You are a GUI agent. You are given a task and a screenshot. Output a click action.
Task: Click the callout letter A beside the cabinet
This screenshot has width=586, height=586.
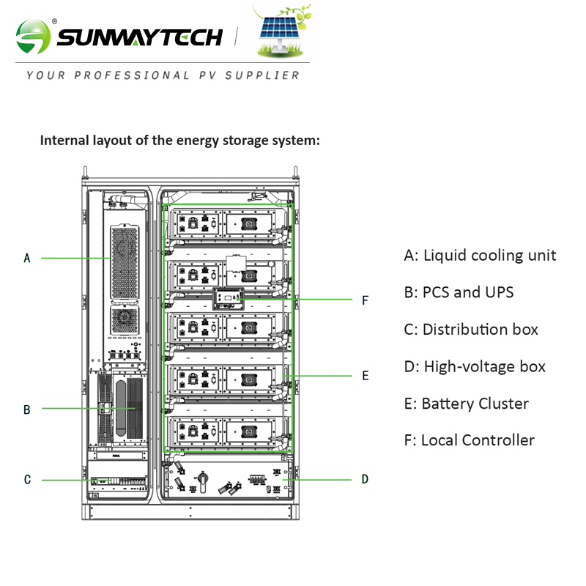[x=27, y=258]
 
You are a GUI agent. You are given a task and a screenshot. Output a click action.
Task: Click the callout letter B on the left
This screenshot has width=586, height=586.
[x=27, y=409]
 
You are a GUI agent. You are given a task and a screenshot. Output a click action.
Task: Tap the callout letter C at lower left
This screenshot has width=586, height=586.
[x=27, y=480]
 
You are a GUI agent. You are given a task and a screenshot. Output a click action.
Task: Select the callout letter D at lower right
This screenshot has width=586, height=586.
[x=365, y=480]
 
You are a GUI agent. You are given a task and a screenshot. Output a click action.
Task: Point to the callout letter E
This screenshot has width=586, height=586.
[x=365, y=376]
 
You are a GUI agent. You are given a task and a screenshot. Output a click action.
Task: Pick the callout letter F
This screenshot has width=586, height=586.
[x=365, y=300]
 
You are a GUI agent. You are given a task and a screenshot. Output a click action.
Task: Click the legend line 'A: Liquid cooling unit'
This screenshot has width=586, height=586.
[x=480, y=255]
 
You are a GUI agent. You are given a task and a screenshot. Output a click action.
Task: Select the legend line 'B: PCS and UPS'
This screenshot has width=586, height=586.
[x=459, y=292]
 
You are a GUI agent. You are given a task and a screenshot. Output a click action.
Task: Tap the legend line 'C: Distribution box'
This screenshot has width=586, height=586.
[x=471, y=329]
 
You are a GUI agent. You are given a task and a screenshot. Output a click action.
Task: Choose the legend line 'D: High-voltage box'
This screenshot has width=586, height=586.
[x=475, y=366]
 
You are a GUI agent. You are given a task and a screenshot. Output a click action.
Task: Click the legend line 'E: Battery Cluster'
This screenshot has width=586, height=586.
[x=466, y=404]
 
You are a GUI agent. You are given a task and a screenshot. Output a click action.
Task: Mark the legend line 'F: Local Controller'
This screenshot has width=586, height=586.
[x=469, y=440]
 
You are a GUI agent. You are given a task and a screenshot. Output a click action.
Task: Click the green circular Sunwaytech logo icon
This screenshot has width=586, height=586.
[x=34, y=36]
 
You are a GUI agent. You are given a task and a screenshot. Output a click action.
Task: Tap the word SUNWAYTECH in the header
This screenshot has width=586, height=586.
[x=139, y=37]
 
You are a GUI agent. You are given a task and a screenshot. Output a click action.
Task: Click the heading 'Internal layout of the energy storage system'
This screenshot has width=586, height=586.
[x=179, y=140]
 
